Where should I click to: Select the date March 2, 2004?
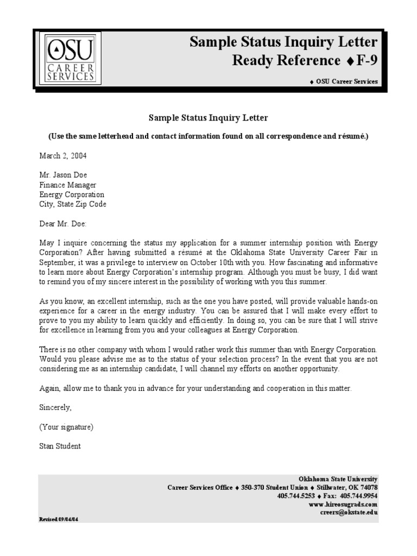coord(62,156)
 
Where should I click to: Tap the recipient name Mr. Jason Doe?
coord(63,175)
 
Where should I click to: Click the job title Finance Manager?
coord(67,185)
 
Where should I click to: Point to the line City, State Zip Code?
coord(73,205)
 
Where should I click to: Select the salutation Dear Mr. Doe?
coord(62,224)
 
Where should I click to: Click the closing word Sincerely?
coord(55,407)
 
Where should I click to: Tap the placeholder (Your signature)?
coord(66,427)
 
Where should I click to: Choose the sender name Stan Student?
coord(60,446)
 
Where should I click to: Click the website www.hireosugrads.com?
coord(343,504)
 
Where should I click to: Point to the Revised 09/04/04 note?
coord(59,519)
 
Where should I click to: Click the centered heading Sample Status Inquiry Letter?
coord(208,118)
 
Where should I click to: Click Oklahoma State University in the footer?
coord(338,479)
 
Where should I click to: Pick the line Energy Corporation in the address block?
coord(72,195)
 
